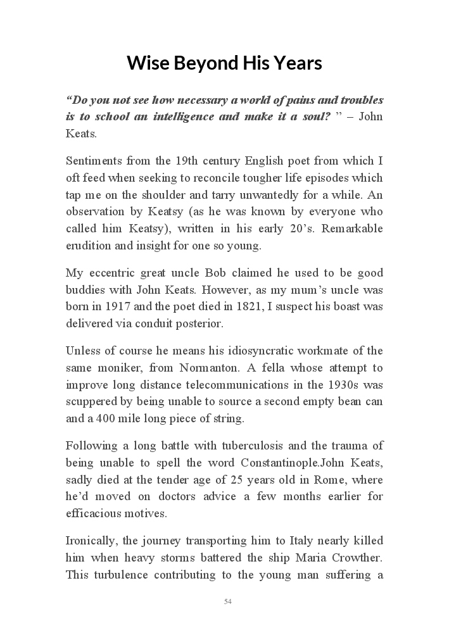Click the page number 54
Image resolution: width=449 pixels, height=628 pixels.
pos(227,601)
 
